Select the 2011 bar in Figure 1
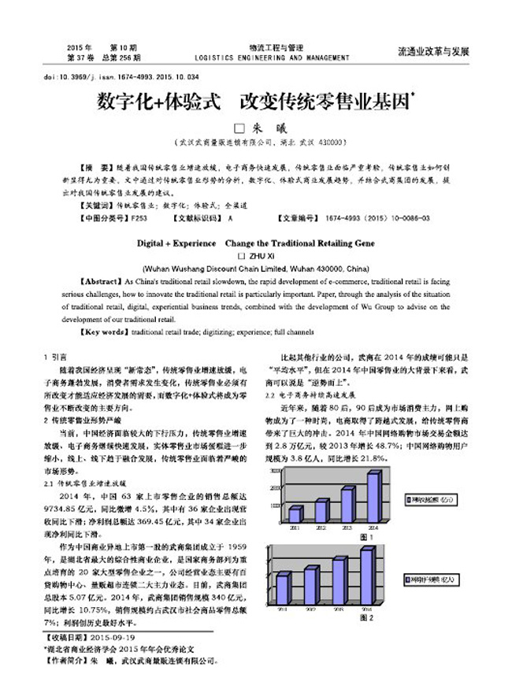pyautogui.click(x=295, y=515)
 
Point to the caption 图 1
pyautogui.click(x=365, y=536)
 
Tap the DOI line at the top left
pyautogui.click(x=121, y=78)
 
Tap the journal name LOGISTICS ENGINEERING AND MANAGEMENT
pyautogui.click(x=270, y=58)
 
